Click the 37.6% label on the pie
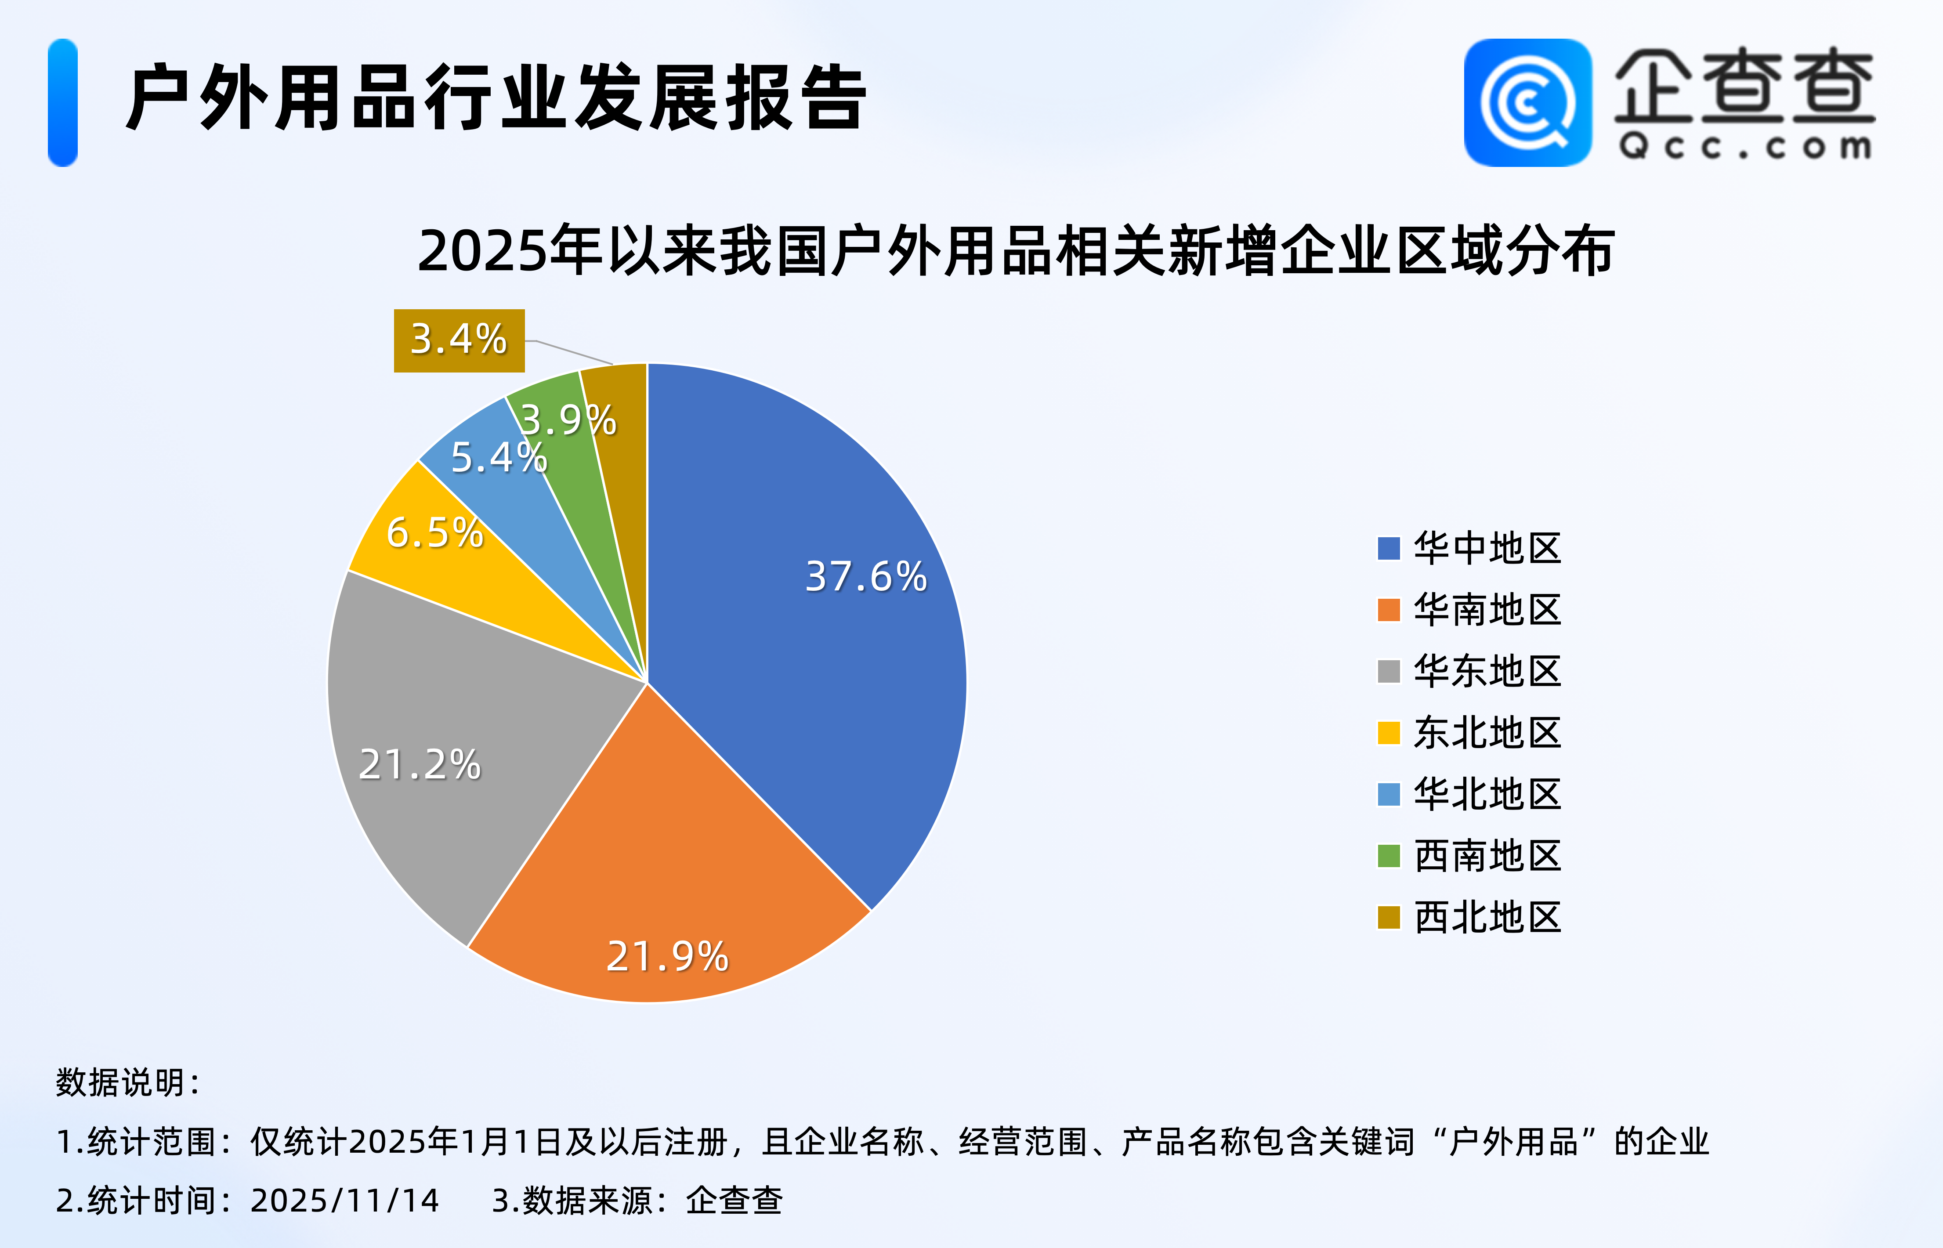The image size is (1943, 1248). pyautogui.click(x=865, y=577)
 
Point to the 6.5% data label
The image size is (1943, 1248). pyautogui.click(x=434, y=533)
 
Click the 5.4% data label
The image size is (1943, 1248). pyautogui.click(x=498, y=458)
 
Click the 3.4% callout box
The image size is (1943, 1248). pyautogui.click(x=459, y=340)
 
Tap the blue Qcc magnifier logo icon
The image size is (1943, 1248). pyautogui.click(x=1527, y=103)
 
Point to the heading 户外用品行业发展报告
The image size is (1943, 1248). pyautogui.click(x=496, y=99)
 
